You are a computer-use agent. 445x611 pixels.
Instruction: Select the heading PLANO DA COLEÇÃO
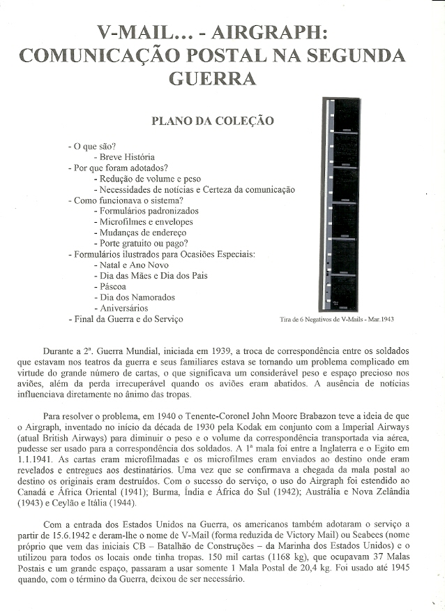click(212, 121)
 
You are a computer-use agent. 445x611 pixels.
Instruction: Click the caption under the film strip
click(336, 319)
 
